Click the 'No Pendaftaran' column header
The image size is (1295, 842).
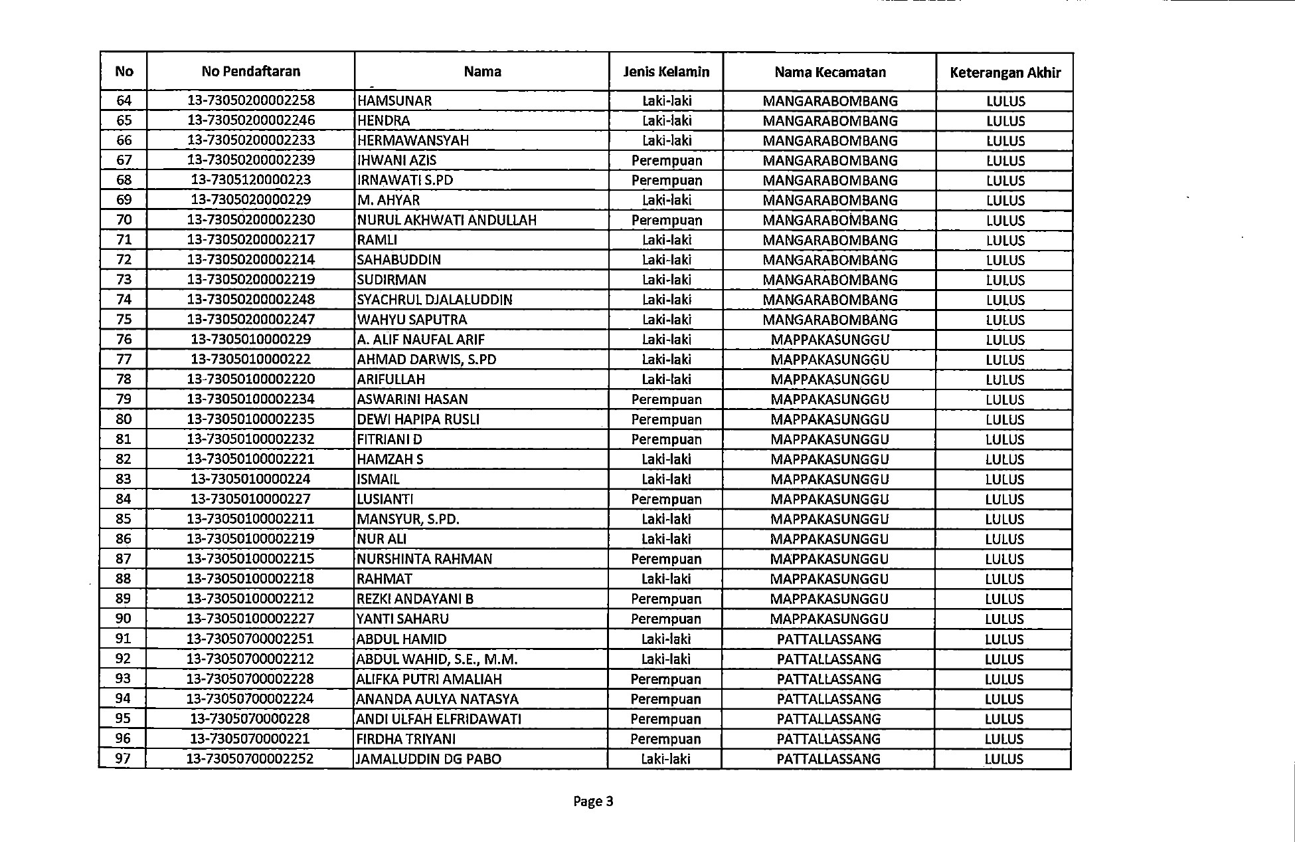251,72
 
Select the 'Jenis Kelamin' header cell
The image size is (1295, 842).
666,72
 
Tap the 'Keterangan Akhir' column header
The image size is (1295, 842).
1005,73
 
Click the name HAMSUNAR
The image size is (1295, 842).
394,101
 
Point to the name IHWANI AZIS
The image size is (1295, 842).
396,160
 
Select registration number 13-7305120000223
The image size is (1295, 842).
251,180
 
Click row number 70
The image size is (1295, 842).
124,220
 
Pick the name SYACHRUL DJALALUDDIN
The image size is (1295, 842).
435,300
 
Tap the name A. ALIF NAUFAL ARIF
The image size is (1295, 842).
421,340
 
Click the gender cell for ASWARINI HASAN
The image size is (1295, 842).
666,399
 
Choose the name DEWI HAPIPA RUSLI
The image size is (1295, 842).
418,419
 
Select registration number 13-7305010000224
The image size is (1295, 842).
250,479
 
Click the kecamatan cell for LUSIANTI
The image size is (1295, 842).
829,499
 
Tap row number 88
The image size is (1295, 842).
124,579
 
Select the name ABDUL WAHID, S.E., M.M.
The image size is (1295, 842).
437,659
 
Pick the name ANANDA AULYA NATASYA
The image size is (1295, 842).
438,699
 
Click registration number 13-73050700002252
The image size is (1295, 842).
250,759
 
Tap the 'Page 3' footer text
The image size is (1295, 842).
593,801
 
